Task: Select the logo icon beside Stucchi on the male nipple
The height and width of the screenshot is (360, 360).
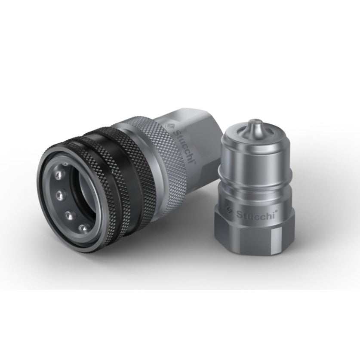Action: [230, 212]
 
